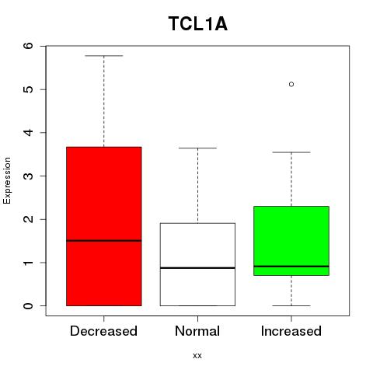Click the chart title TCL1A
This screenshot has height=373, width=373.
198,24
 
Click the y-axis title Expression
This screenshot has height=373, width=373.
7,180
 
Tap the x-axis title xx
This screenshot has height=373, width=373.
197,356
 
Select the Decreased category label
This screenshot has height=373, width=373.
103,331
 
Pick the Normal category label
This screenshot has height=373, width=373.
197,331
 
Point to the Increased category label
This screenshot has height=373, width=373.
291,331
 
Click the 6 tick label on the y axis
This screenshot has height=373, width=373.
29,46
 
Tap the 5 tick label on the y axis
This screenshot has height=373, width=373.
29,89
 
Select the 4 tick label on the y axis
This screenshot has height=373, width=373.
29,133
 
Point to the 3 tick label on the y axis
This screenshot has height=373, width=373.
29,176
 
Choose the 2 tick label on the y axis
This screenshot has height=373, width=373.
29,219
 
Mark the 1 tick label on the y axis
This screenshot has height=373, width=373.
29,263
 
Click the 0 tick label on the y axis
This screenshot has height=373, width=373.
29,305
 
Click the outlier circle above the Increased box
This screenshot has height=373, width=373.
291,84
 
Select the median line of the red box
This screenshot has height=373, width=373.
104,241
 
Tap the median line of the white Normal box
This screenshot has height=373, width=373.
197,268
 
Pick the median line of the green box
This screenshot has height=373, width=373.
291,267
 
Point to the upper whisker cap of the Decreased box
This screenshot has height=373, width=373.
104,56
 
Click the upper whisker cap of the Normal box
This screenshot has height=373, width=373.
197,148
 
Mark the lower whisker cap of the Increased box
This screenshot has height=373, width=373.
291,305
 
